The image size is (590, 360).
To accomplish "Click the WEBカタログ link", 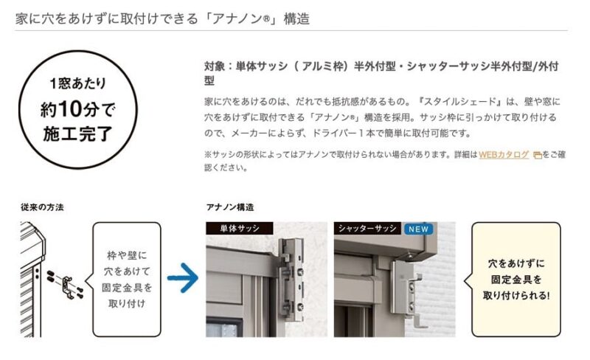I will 504,155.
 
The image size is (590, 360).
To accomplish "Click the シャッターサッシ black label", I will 367,229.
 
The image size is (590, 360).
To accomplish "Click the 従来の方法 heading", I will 42,207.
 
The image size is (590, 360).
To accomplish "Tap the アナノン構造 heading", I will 230,207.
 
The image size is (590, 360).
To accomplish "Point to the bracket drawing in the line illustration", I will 68,283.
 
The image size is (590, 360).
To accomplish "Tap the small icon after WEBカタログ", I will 537,156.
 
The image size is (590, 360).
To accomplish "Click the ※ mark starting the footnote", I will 207,155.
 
